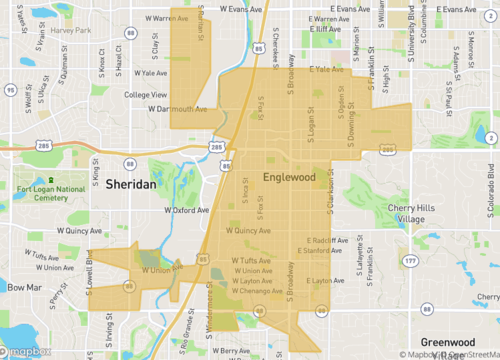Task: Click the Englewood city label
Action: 289,178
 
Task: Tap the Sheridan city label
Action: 130,186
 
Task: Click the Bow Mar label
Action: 22,287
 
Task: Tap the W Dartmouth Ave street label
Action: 178,109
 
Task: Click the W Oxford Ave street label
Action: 189,209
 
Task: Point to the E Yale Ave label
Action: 326,70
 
